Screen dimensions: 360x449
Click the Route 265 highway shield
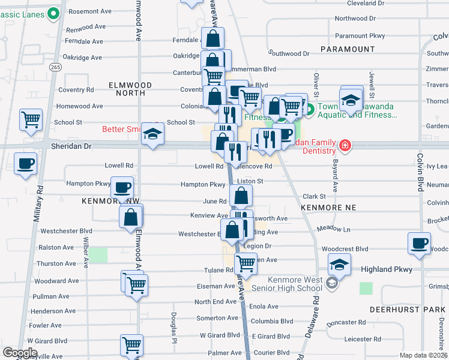55,67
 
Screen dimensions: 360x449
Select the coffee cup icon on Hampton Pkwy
122,188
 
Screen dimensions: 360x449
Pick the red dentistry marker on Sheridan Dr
345,145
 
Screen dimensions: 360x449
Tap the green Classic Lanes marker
54,12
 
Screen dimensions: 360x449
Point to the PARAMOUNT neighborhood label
348,49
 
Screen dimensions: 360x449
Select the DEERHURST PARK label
408,310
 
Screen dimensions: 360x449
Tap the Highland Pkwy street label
387,269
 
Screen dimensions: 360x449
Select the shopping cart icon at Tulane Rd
246,262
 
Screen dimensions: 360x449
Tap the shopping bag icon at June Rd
241,196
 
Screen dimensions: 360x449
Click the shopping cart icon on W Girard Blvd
131,346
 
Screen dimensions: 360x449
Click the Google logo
20,353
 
